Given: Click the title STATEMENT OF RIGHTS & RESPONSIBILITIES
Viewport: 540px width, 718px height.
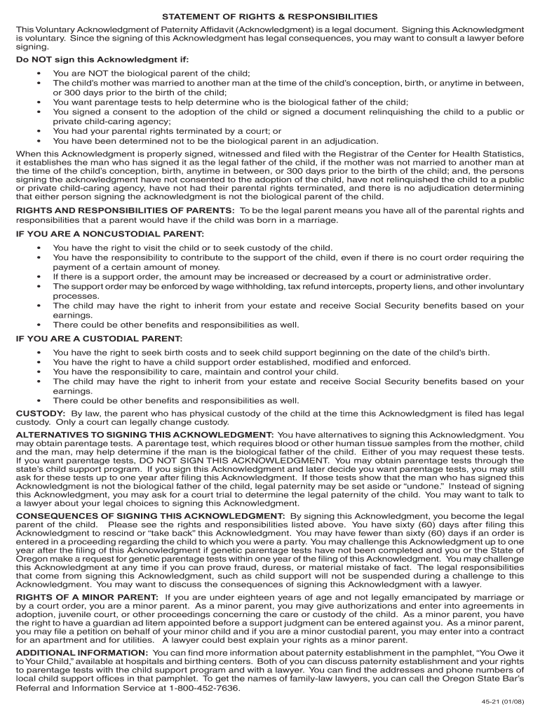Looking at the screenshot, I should tap(270, 16).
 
